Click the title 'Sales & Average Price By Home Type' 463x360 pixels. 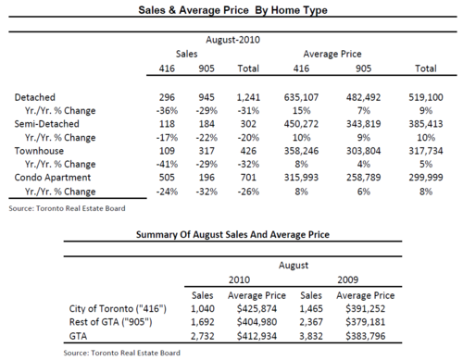coord(232,10)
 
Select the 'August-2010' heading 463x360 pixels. coord(233,40)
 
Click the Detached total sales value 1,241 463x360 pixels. coord(248,97)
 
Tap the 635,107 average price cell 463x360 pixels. coord(301,97)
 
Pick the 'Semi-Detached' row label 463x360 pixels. coord(47,124)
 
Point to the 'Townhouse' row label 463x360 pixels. coord(39,151)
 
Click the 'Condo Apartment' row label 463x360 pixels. coord(53,178)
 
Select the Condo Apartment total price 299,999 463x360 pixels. coord(426,178)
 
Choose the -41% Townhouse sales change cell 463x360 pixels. coord(167,164)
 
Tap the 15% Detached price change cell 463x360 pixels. coord(301,111)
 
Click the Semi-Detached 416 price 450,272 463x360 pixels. coord(301,124)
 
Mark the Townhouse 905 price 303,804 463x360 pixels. coord(363,151)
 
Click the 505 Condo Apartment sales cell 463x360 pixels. coord(167,178)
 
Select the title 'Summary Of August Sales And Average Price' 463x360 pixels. coord(232,235)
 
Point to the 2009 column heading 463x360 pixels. coord(348,279)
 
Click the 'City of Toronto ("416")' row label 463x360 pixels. coord(118,309)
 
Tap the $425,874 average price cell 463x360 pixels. coord(257,309)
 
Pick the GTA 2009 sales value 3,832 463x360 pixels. coord(311,336)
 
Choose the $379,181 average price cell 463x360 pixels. coord(366,322)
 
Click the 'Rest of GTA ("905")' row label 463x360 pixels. coord(110,322)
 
